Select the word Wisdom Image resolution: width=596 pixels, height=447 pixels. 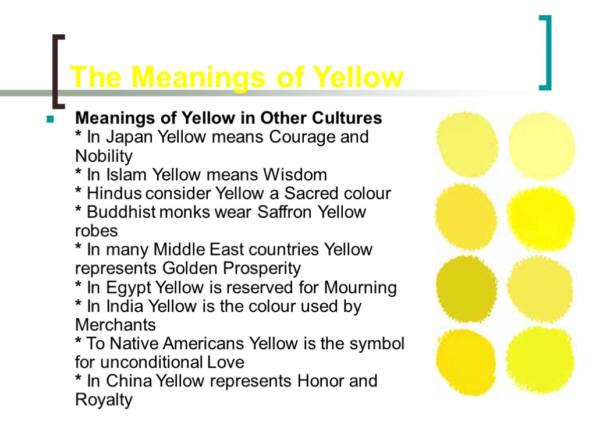295,175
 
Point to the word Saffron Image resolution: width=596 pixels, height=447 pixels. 283,212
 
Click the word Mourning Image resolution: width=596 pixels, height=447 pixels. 360,288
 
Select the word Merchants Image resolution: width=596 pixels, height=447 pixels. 116,325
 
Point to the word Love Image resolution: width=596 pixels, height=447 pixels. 226,362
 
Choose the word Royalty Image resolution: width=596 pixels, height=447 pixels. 104,400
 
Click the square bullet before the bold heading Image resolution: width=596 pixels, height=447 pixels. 50,120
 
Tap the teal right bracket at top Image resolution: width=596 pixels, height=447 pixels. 546,53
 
